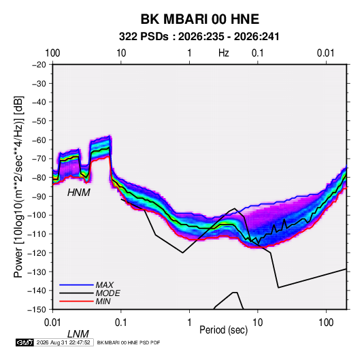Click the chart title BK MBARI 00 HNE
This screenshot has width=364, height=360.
coord(200,19)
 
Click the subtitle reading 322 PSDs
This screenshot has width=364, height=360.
coord(144,37)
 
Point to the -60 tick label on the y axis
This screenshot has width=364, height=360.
coord(39,140)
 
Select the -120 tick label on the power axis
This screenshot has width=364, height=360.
coord(37,252)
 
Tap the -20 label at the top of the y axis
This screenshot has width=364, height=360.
coord(39,65)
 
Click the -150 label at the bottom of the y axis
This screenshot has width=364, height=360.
coord(37,310)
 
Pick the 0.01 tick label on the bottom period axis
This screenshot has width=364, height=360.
coord(53,323)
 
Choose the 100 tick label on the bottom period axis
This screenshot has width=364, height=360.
coord(326,323)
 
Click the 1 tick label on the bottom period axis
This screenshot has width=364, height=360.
coord(189,323)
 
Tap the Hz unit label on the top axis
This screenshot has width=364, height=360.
coord(224,53)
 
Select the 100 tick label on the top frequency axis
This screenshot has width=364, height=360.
coord(52,53)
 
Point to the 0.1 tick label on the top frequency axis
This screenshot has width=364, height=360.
coord(258,53)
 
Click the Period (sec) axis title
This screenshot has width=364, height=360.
coord(224,330)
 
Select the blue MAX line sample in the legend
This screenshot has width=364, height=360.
coord(76,285)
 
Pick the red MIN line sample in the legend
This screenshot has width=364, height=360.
coord(76,301)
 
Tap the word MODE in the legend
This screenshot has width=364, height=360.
coord(108,293)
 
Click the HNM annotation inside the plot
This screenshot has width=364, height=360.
coord(79,193)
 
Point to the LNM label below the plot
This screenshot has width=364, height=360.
coord(78,334)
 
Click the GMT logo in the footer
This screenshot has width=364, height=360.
coord(25,342)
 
